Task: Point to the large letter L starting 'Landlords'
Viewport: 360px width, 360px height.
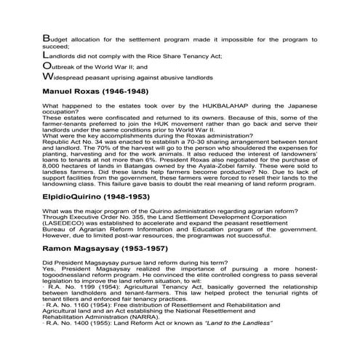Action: click(x=46, y=54)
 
